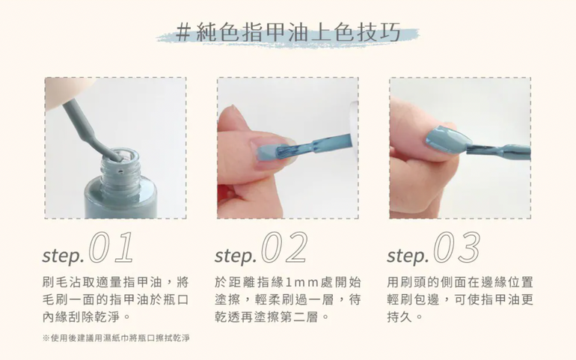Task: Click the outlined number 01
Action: (x=111, y=248)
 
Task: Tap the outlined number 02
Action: (x=284, y=248)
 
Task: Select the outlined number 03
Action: (x=456, y=248)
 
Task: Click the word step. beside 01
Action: (x=63, y=256)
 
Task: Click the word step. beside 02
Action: (x=236, y=256)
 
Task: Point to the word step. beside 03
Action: (x=408, y=256)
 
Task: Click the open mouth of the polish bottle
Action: (x=120, y=159)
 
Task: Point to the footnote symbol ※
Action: (x=46, y=338)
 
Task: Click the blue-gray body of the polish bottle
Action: (x=120, y=198)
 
